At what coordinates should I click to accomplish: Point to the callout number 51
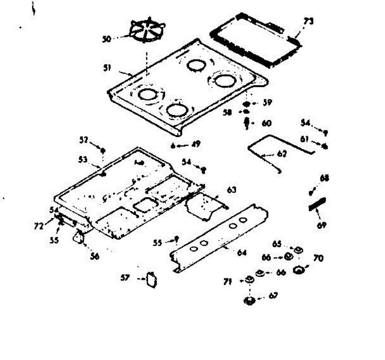pos(107,68)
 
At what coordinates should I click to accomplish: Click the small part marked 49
pos(173,147)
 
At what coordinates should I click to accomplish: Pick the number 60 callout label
pos(266,123)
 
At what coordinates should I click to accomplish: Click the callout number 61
pos(305,139)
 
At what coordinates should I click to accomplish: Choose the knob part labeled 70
pos(299,270)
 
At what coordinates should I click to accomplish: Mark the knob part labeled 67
pos(249,301)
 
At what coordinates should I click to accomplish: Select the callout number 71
pos(228,282)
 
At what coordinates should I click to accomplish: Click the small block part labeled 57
pos(151,279)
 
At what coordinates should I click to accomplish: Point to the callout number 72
pos(38,227)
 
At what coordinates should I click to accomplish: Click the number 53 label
pos(83,159)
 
